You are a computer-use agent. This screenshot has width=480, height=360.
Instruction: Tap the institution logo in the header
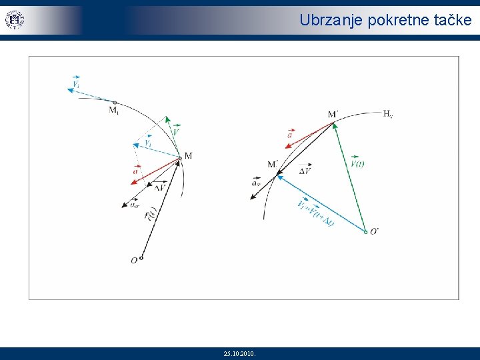click(14, 20)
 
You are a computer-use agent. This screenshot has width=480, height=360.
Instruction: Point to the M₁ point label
click(114, 110)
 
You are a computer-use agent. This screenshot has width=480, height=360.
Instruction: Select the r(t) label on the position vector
click(152, 215)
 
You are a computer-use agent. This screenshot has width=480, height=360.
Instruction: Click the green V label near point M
click(175, 132)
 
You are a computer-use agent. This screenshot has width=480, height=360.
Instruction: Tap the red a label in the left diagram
click(136, 171)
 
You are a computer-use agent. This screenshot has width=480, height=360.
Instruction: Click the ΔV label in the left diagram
click(160, 187)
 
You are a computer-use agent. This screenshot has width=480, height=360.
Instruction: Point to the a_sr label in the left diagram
click(135, 205)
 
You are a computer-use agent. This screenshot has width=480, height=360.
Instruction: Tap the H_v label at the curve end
click(388, 113)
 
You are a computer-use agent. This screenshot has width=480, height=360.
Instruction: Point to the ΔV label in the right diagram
click(305, 171)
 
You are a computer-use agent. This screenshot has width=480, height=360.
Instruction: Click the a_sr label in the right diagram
click(257, 183)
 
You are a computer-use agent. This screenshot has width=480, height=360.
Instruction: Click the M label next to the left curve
click(188, 156)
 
